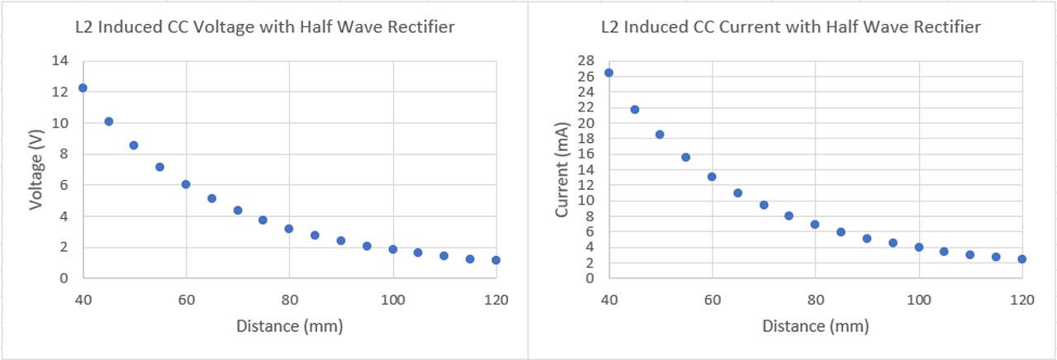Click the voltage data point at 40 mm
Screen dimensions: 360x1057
(x=83, y=88)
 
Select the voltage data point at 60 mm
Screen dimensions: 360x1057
(x=186, y=184)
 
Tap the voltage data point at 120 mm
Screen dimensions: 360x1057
(x=496, y=260)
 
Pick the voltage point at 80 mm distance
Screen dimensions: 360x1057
(x=289, y=229)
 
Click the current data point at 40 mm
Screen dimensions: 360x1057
(x=609, y=73)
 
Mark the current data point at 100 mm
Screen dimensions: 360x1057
(x=919, y=247)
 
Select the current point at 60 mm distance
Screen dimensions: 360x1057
(x=712, y=177)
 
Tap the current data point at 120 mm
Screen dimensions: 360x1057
(x=1022, y=259)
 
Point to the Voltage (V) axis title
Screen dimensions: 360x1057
(x=36, y=169)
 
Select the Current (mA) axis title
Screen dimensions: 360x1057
(x=562, y=169)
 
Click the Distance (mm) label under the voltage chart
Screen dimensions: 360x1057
(x=289, y=326)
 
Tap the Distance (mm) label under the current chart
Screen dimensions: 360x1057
(x=815, y=326)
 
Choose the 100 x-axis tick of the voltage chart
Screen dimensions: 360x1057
(x=393, y=297)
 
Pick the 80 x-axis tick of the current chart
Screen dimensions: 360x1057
(x=815, y=297)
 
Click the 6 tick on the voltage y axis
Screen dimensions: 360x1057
(x=63, y=185)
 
